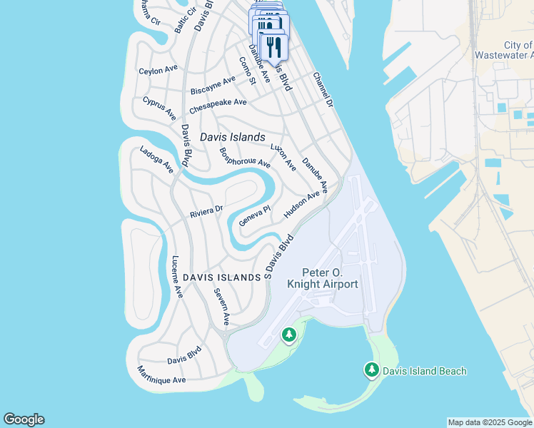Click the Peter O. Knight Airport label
click(x=322, y=278)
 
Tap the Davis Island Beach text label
click(x=424, y=371)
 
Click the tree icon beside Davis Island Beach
click(x=371, y=370)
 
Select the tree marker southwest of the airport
click(x=288, y=334)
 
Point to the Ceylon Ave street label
click(x=158, y=70)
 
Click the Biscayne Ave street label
click(x=212, y=85)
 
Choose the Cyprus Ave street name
click(x=159, y=108)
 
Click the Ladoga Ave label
click(x=156, y=160)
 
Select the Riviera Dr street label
click(x=206, y=212)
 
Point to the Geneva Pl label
click(x=256, y=215)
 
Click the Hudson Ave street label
click(x=301, y=205)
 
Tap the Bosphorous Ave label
click(x=245, y=157)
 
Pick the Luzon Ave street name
click(x=283, y=157)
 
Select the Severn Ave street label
click(x=222, y=307)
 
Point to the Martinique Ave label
click(x=161, y=375)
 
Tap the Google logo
click(x=24, y=419)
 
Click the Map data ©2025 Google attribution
click(x=490, y=422)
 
